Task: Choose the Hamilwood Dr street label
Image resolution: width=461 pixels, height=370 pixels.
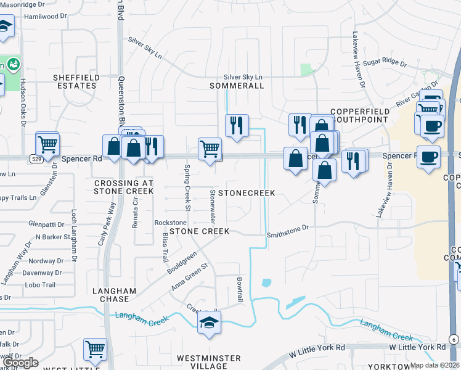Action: click(44, 17)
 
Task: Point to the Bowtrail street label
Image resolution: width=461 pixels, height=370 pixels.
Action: click(240, 290)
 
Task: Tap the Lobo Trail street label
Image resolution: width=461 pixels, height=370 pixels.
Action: click(41, 285)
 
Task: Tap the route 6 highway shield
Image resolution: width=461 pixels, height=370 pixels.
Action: click(452, 339)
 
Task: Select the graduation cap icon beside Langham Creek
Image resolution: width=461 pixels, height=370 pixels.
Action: click(210, 322)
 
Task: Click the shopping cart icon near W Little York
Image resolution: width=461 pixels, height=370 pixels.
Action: click(95, 349)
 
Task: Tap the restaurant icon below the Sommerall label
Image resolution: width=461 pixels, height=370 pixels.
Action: click(237, 125)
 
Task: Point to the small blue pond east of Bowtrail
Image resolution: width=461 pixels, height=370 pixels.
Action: click(266, 282)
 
